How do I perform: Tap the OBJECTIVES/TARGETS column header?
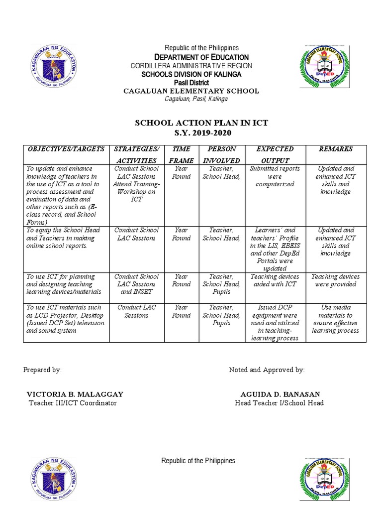[66, 149]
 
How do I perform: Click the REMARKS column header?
[336, 149]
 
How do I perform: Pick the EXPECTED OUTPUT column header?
[275, 154]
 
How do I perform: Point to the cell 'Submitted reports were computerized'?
[275, 176]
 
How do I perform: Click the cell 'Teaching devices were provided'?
[336, 280]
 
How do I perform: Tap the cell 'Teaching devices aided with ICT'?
[275, 280]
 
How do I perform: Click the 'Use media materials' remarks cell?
[336, 319]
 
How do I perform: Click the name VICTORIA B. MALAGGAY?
[75, 394]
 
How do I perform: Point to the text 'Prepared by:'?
[42, 370]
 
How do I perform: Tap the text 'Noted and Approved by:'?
[267, 370]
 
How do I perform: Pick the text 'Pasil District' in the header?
[191, 82]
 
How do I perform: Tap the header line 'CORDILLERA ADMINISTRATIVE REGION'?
[191, 66]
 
